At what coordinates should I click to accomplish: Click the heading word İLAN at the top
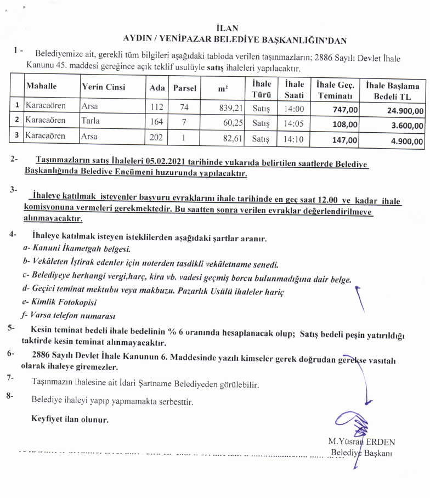227,27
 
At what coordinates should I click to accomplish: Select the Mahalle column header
41,87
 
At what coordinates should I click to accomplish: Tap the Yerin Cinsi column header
103,87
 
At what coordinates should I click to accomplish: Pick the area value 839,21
230,107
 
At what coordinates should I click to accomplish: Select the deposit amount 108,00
346,125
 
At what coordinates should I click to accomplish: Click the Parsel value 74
184,107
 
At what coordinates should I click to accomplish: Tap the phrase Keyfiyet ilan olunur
70,420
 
